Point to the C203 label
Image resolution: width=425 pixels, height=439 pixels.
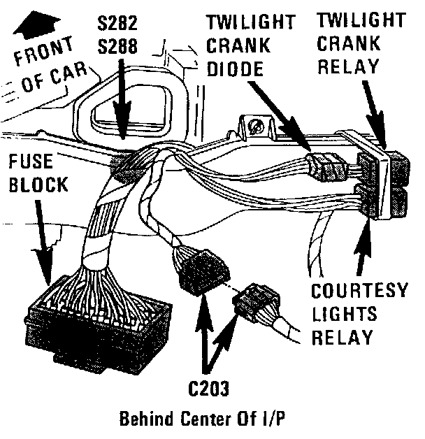coord(209,387)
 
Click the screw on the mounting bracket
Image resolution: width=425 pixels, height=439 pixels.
coord(257,127)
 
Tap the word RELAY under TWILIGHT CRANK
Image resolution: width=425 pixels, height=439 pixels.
coord(348,67)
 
